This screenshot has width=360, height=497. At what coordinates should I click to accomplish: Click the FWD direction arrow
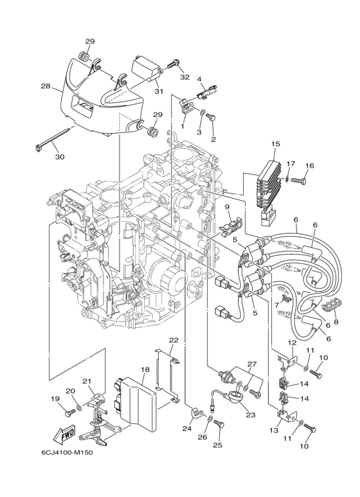(x=64, y=433)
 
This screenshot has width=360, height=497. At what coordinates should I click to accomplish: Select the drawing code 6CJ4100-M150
(x=67, y=452)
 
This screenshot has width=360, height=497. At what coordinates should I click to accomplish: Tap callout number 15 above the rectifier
(x=276, y=143)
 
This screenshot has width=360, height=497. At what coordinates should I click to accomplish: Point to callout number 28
(x=46, y=86)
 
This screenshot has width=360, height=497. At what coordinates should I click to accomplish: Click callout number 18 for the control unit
(x=145, y=369)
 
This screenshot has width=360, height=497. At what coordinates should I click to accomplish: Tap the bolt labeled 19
(x=70, y=413)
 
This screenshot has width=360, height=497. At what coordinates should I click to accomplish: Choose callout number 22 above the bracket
(x=174, y=340)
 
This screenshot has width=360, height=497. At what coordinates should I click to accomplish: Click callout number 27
(x=252, y=363)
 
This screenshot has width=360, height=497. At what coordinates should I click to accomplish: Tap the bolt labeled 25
(x=219, y=425)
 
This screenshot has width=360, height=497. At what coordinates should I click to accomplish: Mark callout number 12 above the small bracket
(x=292, y=342)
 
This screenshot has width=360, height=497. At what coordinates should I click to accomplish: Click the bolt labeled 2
(x=211, y=118)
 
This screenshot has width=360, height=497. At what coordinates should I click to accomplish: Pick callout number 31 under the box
(x=159, y=91)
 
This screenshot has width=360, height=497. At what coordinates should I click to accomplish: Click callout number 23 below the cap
(x=250, y=415)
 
